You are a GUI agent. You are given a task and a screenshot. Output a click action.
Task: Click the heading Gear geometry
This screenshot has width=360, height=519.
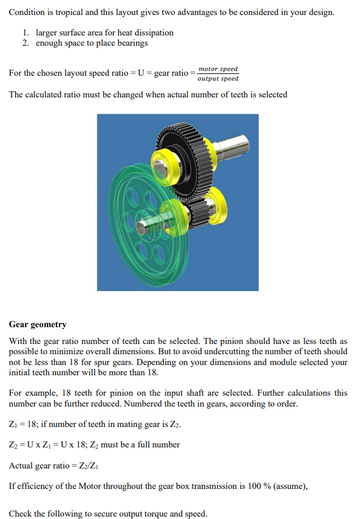[38, 324]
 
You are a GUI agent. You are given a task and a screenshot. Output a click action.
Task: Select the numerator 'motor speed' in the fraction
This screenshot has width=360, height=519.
[218, 69]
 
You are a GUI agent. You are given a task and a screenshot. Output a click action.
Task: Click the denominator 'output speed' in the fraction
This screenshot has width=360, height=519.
[218, 79]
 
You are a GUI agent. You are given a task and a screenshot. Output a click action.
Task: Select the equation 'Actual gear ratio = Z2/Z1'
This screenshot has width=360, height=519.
[53, 465]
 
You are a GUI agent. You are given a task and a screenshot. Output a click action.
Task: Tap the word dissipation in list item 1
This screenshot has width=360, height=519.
[152, 32]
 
